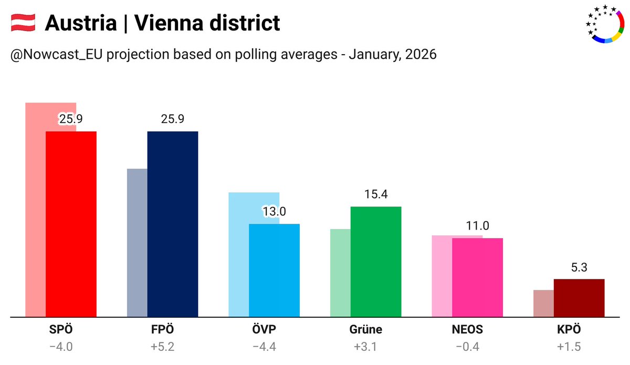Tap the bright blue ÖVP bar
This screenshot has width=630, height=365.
point(274,270)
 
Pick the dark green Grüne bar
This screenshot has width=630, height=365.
point(376,262)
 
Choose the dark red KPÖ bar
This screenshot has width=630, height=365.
point(579,298)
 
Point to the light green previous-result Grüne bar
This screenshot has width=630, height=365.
point(340,273)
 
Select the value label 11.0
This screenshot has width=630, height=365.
point(477,226)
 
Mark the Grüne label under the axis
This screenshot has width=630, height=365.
point(365,330)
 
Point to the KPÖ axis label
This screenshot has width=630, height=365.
point(569,330)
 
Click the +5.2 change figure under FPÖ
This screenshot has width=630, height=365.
point(162,348)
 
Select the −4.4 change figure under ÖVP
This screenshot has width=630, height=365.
point(264,348)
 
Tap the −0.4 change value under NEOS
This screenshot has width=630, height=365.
point(467,348)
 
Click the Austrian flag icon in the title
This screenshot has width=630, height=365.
point(23,23)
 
